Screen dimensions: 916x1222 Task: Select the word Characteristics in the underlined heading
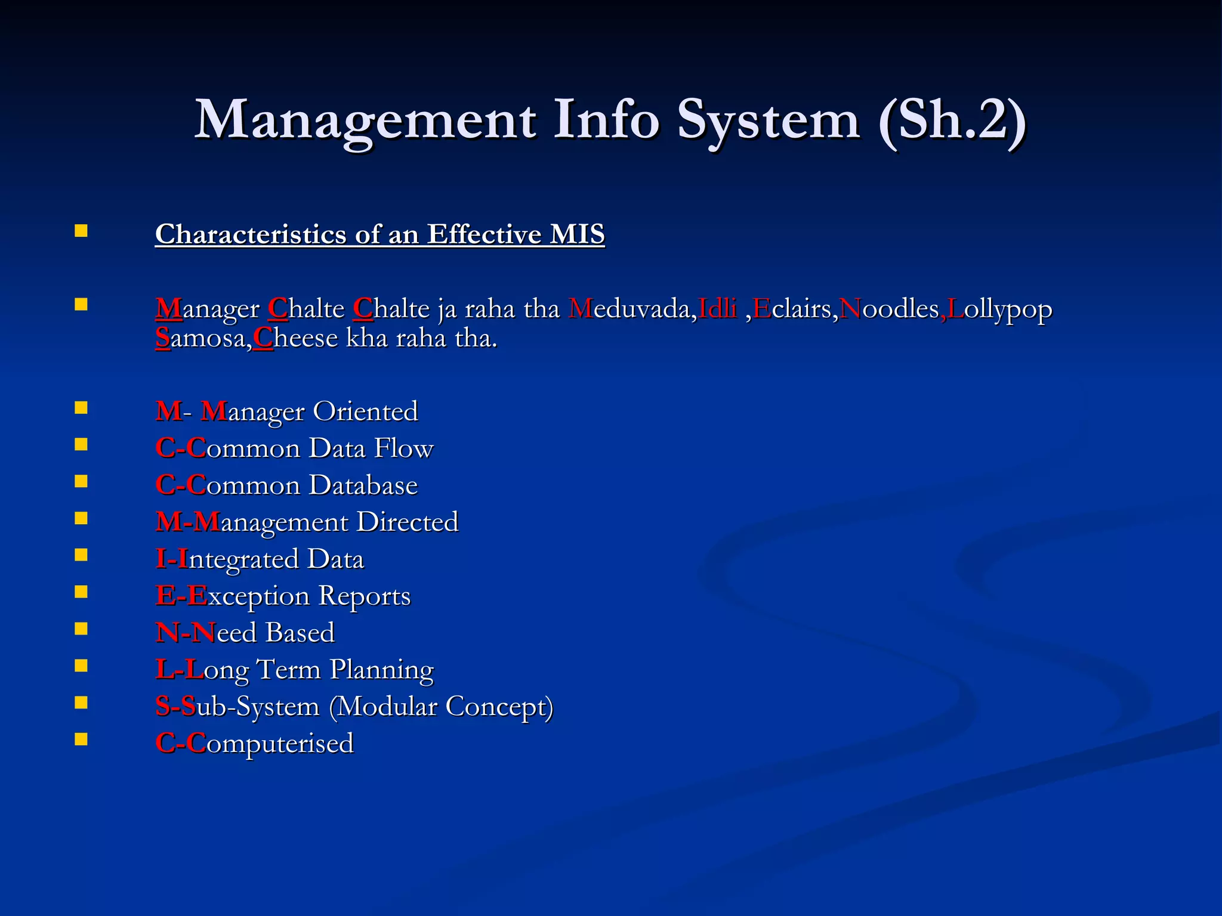coord(251,234)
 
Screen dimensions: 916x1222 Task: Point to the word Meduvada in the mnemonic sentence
coord(632,309)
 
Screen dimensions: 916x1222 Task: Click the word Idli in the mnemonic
coord(717,309)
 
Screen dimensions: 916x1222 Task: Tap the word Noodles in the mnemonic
coord(889,309)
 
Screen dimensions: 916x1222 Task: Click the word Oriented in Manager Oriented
coord(366,411)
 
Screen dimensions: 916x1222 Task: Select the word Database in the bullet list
coord(363,485)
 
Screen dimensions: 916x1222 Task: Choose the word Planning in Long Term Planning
coord(382,670)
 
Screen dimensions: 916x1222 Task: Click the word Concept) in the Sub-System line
coord(499,707)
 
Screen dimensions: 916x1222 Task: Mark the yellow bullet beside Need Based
coord(81,629)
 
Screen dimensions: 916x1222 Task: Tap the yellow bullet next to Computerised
coord(81,739)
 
